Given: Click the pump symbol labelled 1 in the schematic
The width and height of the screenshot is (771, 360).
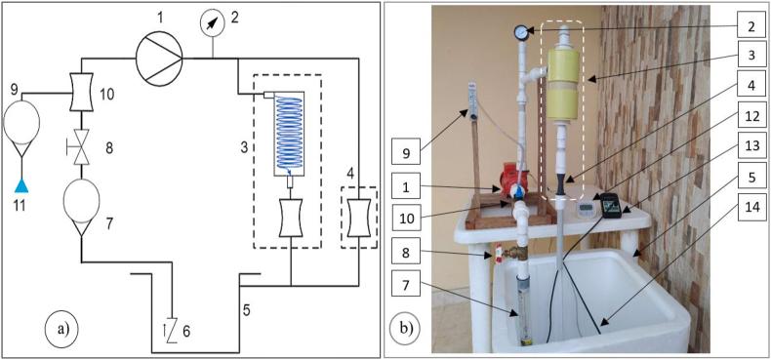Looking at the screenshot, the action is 159,58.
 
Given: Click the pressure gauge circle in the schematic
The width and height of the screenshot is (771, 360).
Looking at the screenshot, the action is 213,24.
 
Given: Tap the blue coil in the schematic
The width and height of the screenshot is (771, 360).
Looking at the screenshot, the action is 289,133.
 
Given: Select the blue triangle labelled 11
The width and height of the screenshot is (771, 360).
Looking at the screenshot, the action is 21,185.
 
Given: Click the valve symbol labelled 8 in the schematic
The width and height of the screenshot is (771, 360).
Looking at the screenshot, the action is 81,146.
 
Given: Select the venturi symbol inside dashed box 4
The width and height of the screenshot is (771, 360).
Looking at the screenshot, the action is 358,217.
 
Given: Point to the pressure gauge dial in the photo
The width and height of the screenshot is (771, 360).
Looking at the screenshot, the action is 520,33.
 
